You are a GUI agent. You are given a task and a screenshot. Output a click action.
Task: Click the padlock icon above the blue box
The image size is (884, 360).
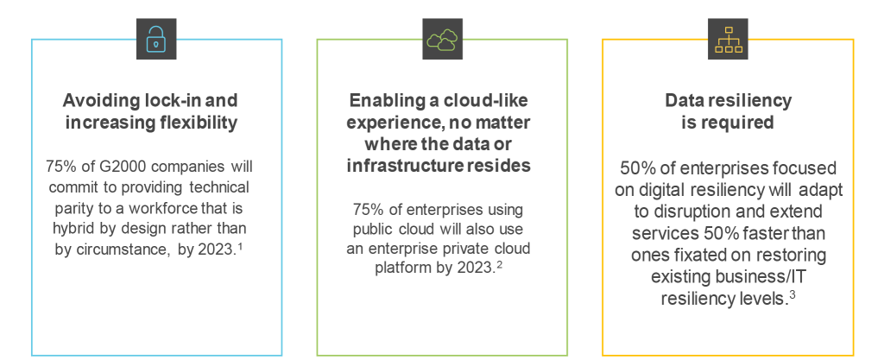(x=156, y=39)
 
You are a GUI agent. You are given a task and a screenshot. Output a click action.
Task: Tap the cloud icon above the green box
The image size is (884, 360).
(x=443, y=39)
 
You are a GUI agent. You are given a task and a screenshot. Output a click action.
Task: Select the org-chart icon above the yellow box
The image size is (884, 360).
(x=729, y=39)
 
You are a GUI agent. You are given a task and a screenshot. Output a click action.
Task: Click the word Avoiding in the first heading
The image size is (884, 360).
(x=93, y=101)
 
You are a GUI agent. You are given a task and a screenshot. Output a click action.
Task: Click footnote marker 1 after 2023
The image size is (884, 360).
(x=240, y=245)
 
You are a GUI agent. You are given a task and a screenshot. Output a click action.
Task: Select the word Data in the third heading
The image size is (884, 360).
(x=685, y=101)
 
